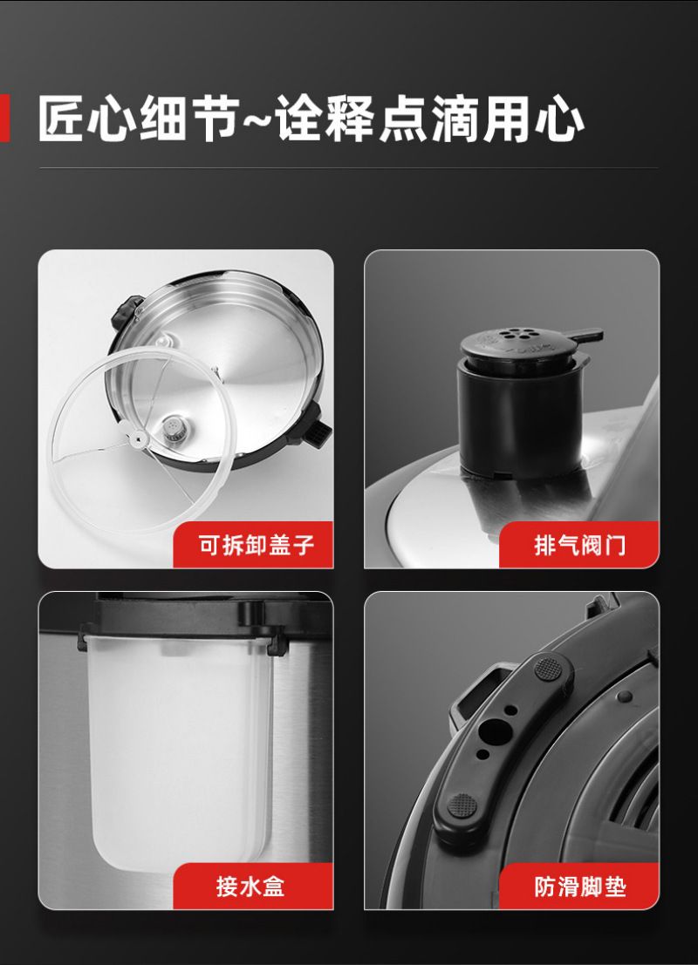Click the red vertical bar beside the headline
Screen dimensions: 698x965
pos(4,119)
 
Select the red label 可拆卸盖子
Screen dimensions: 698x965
pos(253,545)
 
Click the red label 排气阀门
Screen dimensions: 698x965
pos(579,545)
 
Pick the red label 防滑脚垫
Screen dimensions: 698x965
pos(579,887)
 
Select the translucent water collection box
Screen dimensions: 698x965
pos(180,751)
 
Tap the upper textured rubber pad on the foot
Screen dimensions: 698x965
pos(548,669)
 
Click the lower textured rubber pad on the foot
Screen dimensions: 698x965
pos(462,805)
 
